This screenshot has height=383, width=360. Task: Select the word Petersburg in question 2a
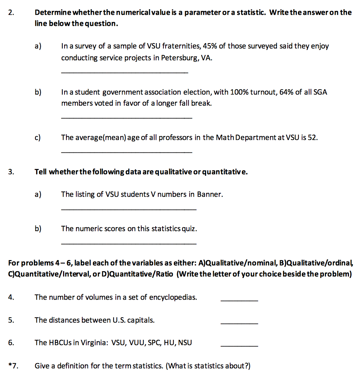pos(179,58)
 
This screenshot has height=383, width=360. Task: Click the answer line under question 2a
pos(125,72)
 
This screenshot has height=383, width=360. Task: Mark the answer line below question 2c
pos(127,152)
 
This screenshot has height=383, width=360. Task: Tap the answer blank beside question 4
pos(239,301)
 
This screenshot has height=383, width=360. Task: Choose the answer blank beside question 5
pos(239,324)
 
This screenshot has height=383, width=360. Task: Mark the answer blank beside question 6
pos(239,346)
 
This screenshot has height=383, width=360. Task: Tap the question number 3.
pos(11,172)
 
